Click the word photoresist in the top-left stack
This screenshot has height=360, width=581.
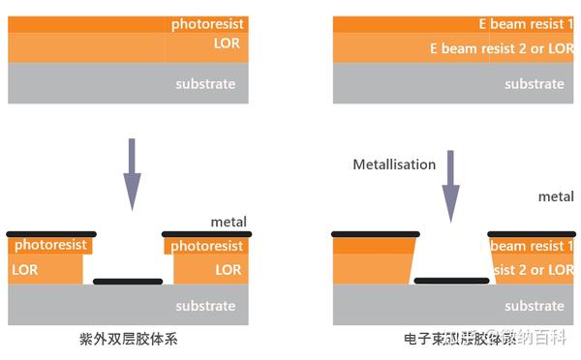click(207, 22)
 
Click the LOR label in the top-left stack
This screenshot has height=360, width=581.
click(227, 44)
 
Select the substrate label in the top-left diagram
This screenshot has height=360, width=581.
click(205, 84)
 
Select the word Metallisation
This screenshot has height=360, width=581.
click(394, 165)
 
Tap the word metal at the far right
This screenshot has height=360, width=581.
click(556, 196)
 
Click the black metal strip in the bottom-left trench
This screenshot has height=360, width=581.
click(128, 282)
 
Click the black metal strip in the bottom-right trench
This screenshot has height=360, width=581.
click(451, 281)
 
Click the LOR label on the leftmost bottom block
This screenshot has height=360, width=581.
click(25, 269)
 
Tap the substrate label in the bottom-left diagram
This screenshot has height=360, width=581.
click(205, 306)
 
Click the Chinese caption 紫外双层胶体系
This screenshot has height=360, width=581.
click(128, 341)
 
